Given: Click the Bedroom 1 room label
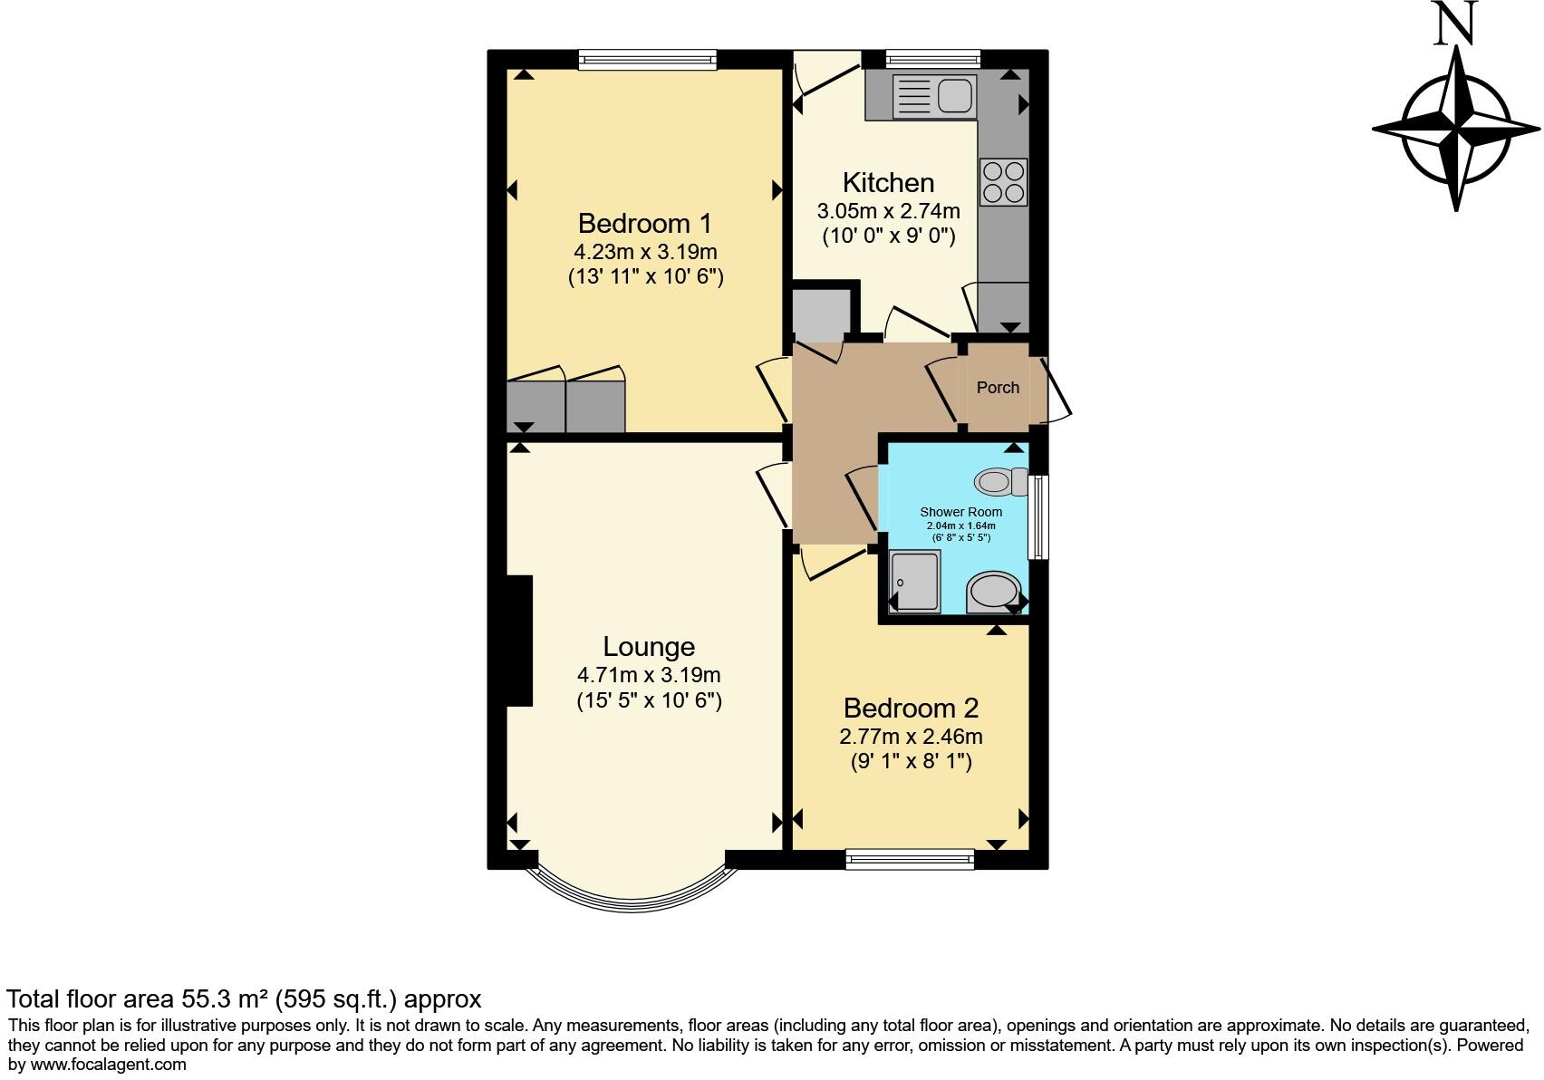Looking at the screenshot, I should coord(644,223).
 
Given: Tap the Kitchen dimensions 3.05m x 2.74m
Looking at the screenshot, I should coord(888,211).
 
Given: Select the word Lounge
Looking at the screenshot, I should coord(649,646).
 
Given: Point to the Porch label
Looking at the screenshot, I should coord(998,388).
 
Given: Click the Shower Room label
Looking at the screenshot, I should coord(960,512).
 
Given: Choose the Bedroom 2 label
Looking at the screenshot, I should coord(911,708).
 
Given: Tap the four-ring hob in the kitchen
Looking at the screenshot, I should coord(1003,182).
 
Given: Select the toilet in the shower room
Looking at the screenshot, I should coord(998,481).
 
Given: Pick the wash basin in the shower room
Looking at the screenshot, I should coord(993,593).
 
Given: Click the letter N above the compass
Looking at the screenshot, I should coord(1456,24).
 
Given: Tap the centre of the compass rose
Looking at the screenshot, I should coord(1456,130).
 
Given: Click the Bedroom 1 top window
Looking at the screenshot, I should coord(648,61).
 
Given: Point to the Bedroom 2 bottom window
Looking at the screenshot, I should coord(909,859).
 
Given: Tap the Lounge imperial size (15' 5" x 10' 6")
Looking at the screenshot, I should coord(649,700).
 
